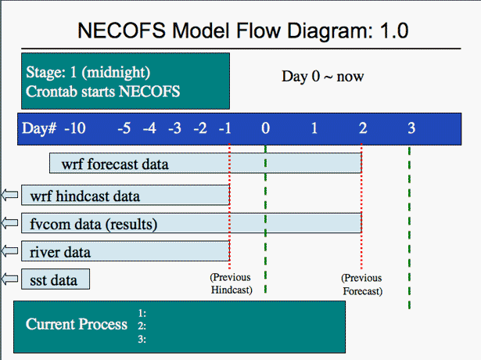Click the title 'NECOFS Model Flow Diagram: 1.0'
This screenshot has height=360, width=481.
click(x=243, y=31)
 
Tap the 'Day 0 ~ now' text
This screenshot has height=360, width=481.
click(x=323, y=77)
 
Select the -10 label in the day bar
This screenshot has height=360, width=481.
click(x=75, y=128)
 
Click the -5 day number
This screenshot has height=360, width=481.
click(x=124, y=128)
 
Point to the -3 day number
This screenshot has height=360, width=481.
click(x=174, y=128)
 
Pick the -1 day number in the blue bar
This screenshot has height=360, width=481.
click(x=224, y=128)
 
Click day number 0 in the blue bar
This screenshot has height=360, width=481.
click(x=266, y=128)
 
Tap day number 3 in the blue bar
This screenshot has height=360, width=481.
click(x=411, y=128)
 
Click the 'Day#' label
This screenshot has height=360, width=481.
click(x=39, y=128)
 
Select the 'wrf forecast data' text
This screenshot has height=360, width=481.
click(x=115, y=164)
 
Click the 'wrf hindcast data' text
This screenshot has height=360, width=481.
click(x=85, y=196)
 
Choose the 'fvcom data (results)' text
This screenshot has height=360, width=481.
click(x=94, y=225)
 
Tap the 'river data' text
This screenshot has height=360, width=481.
click(x=60, y=252)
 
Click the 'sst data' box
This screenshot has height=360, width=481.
click(x=56, y=279)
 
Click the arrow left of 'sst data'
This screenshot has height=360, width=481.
click(x=10, y=279)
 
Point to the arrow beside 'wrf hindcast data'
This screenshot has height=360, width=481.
click(x=10, y=195)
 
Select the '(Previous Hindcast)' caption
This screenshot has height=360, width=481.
click(x=232, y=283)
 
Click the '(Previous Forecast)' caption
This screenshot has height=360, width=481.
click(x=362, y=285)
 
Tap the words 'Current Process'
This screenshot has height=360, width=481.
click(x=77, y=324)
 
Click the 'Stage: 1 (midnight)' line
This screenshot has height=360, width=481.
click(x=88, y=73)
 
